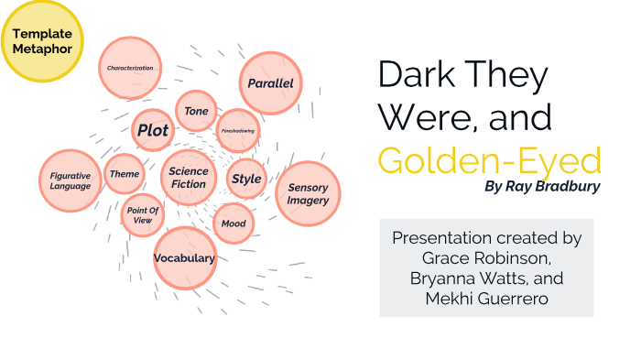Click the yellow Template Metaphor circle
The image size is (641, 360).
pyautogui.click(x=42, y=41)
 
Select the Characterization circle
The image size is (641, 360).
pyautogui.click(x=129, y=68)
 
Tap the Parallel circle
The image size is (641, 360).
pyautogui.click(x=270, y=83)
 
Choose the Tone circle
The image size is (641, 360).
pyautogui.click(x=196, y=111)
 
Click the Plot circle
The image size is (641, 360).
pyautogui.click(x=152, y=130)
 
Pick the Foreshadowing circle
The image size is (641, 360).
pyautogui.click(x=238, y=131)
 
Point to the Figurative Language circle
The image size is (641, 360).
pyautogui.click(x=71, y=180)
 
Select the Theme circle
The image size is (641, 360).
pyautogui.click(x=124, y=173)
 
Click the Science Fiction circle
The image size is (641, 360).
pyautogui.click(x=189, y=178)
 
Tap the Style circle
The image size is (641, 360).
pyautogui.click(x=245, y=179)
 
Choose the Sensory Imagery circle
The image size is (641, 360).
pyautogui.click(x=308, y=194)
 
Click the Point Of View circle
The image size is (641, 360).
pyautogui.click(x=143, y=215)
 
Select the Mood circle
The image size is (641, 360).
pyautogui.click(x=234, y=222)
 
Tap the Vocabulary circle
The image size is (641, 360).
pyautogui.click(x=184, y=257)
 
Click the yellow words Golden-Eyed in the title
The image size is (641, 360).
pyautogui.click(x=489, y=160)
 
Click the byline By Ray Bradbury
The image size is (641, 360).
pyautogui.click(x=543, y=188)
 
